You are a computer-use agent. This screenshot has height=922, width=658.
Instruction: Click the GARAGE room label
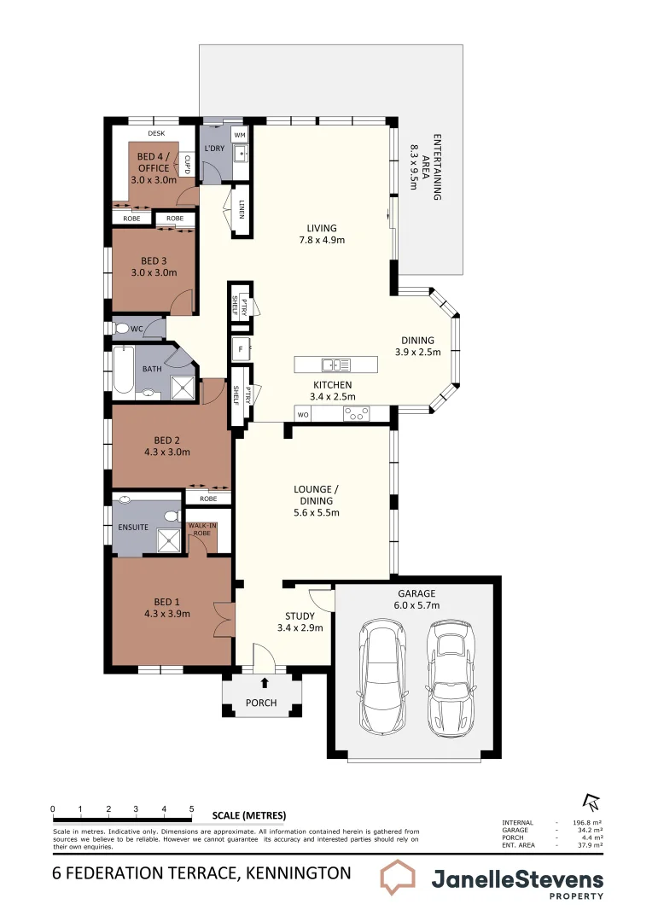416,593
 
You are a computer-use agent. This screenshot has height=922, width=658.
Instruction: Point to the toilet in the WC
122,329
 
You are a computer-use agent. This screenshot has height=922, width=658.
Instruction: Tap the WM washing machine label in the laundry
239,135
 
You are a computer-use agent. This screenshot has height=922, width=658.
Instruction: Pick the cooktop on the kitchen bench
356,414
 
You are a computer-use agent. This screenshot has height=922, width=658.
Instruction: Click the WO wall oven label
302,415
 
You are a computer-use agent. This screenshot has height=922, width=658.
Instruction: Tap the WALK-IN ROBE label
202,529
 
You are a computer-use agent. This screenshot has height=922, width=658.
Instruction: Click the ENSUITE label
132,527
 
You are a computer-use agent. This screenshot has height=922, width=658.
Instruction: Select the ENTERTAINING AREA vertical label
427,166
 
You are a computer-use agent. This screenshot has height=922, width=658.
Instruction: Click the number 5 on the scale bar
191,808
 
